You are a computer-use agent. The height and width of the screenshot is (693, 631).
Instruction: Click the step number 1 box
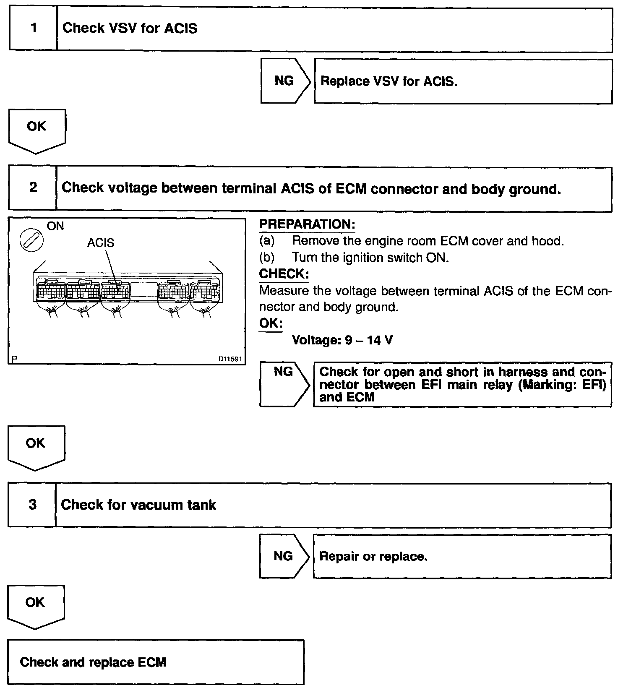(x=33, y=29)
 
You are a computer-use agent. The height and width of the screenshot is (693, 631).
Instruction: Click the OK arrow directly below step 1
(x=37, y=129)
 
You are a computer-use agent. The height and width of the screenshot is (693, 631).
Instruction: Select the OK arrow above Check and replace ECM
(x=35, y=605)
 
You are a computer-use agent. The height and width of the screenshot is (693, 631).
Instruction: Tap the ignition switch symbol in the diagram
(x=32, y=242)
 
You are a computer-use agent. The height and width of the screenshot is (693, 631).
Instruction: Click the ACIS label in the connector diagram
(x=100, y=243)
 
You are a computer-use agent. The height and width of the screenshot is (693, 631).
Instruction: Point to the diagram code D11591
(x=230, y=359)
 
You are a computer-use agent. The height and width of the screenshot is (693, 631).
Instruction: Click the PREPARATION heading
(x=307, y=224)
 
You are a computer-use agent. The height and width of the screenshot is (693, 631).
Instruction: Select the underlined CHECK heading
(x=284, y=274)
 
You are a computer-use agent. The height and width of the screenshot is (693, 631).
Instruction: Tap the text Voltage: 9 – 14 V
(x=342, y=340)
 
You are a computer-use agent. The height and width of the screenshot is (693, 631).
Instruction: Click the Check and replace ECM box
(x=156, y=662)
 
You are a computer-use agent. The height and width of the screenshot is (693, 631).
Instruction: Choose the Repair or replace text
(x=373, y=557)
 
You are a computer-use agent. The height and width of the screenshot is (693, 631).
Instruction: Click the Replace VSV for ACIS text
(x=389, y=81)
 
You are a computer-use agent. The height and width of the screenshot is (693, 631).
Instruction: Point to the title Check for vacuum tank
(x=138, y=505)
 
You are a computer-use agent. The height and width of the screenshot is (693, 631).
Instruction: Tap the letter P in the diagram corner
(x=14, y=359)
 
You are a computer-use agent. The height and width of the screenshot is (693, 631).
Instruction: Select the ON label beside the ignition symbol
(x=55, y=227)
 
